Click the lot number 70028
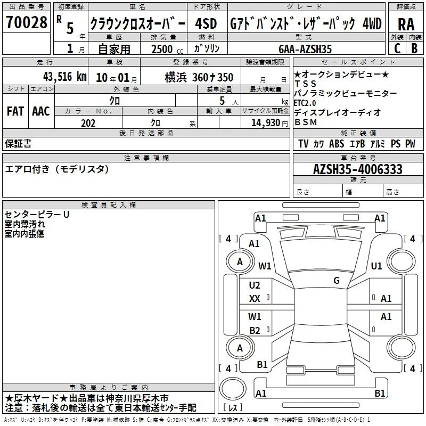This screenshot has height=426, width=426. pos(27,22)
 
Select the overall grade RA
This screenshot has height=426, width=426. pos(406,24)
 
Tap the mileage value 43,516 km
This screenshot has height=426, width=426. pos(64,77)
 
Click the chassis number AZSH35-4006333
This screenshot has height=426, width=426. pos(357,169)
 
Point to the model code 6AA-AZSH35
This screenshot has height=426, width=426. pos(305,49)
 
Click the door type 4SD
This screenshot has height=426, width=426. pos(206,23)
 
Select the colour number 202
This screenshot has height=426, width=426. pos(88,123)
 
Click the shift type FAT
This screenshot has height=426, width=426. pos(15,111)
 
